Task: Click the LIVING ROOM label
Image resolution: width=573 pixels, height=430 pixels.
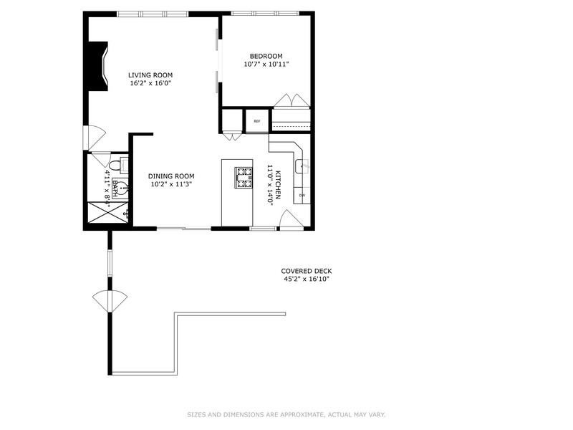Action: (150, 75)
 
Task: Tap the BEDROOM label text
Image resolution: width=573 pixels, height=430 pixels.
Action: (266, 57)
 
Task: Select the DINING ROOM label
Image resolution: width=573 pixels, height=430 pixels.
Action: (171, 176)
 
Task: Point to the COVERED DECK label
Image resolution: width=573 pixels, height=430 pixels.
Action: (307, 272)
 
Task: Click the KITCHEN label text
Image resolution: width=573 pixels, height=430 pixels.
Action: (278, 185)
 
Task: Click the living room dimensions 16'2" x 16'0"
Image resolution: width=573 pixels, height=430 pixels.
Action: (150, 83)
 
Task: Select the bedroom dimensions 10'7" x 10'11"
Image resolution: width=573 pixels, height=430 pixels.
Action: (266, 64)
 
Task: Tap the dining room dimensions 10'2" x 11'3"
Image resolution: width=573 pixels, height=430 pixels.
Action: (171, 184)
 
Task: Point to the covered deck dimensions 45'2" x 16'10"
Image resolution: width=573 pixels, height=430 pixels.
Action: (307, 279)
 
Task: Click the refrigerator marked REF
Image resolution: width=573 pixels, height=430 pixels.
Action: (257, 121)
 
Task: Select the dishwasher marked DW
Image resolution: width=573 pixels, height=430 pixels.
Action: (302, 195)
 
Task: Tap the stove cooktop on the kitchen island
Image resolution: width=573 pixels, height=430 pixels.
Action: (244, 178)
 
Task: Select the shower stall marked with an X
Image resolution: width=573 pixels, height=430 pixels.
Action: (108, 212)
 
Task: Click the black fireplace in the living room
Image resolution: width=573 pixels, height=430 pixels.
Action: (97, 66)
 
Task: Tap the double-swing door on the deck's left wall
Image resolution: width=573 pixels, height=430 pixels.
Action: (110, 301)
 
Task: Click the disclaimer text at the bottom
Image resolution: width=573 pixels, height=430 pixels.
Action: (286, 415)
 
